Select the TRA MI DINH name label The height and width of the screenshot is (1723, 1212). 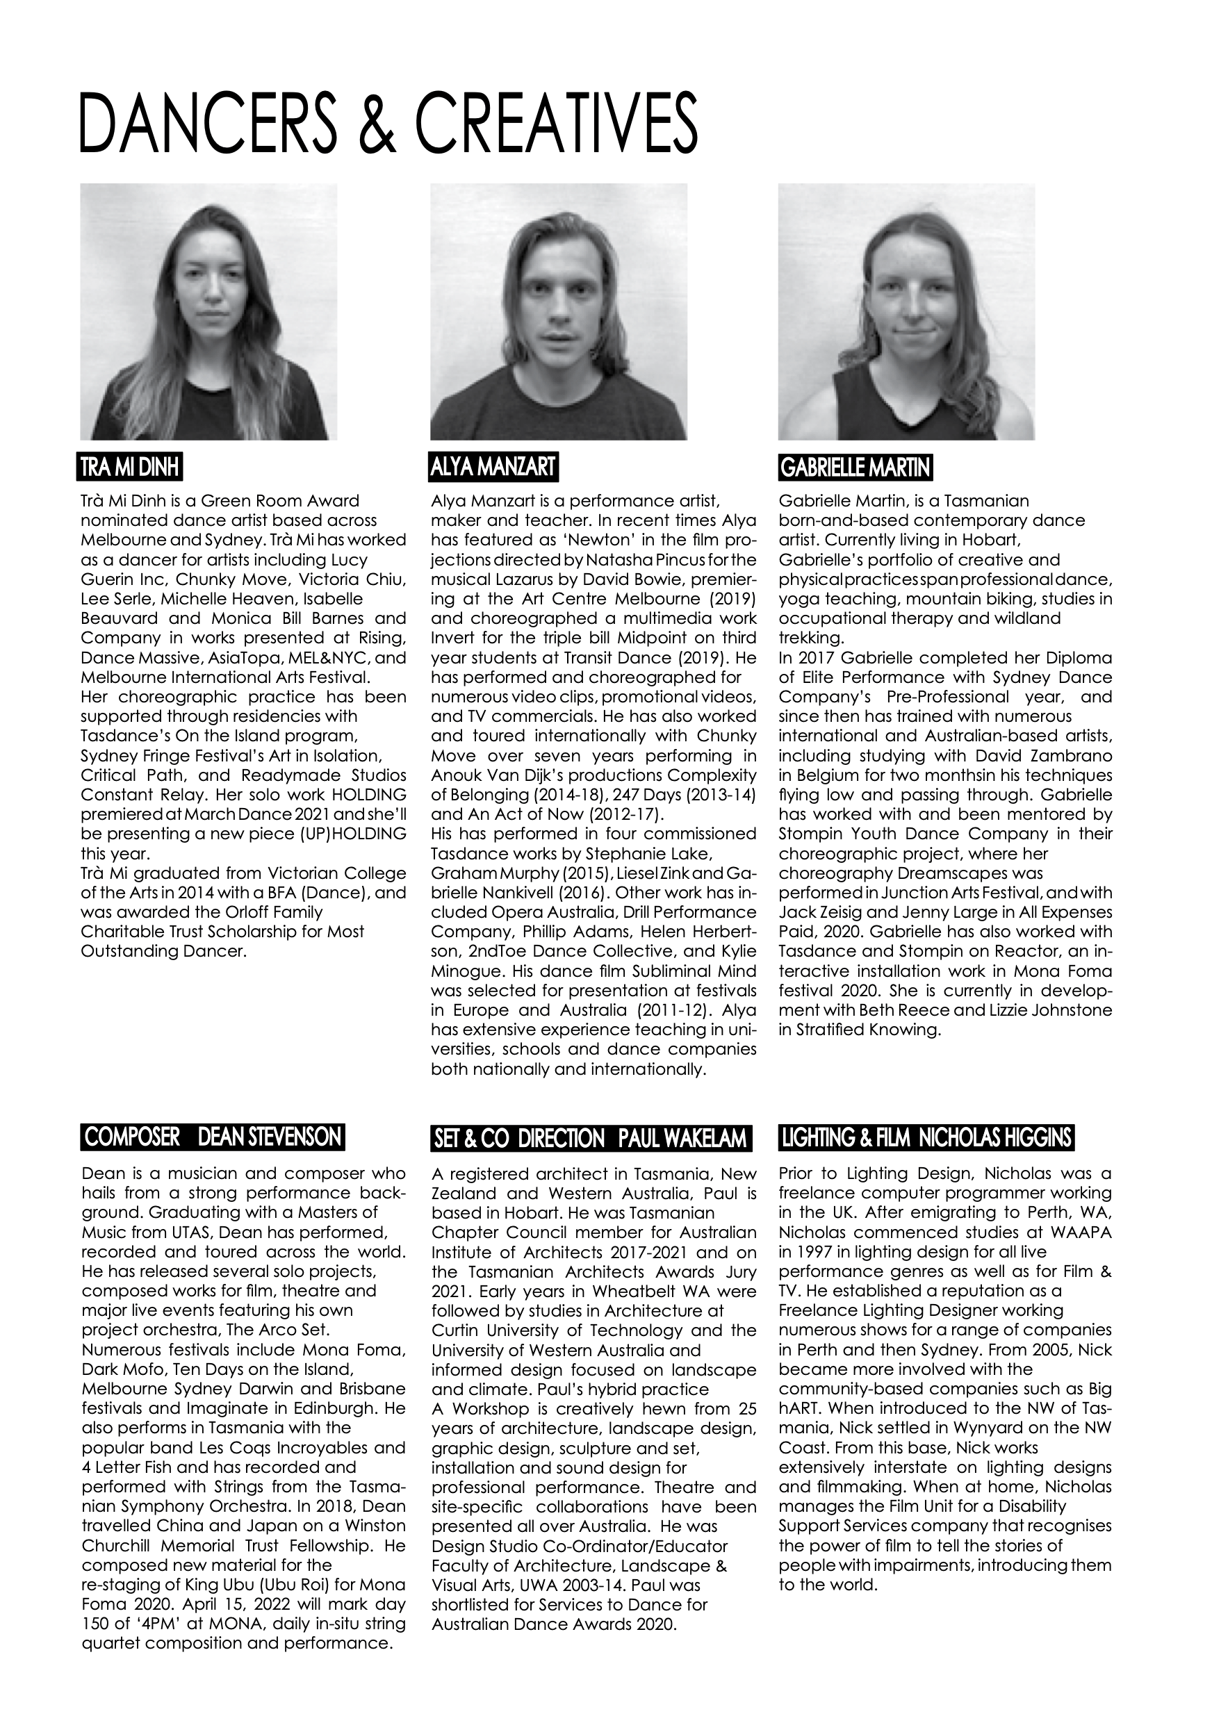tap(131, 468)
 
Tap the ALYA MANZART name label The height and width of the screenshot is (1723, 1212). tap(495, 467)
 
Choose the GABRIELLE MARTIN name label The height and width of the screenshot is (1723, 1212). tap(855, 468)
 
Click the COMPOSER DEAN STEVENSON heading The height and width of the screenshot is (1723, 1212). tap(213, 1137)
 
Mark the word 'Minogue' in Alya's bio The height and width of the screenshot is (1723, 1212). tap(461, 971)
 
